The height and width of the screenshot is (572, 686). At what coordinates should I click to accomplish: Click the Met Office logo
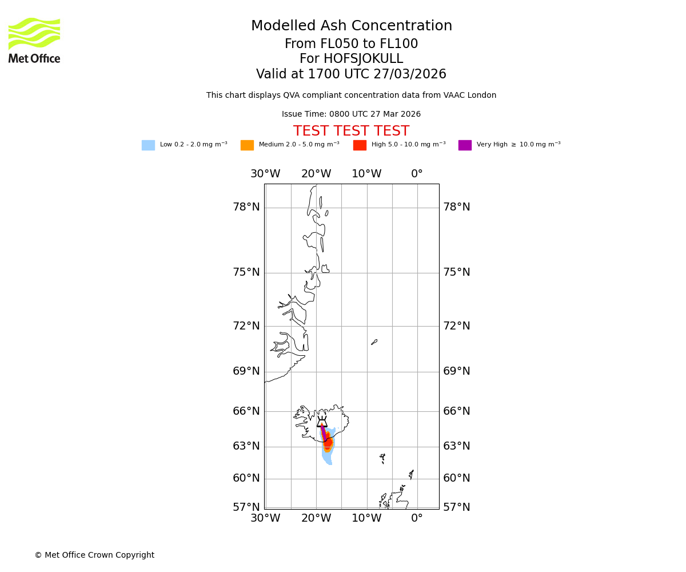[x=34, y=40]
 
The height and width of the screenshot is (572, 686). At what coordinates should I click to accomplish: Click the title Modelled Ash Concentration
[x=351, y=26]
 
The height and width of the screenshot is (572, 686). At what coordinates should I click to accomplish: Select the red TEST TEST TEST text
[x=351, y=131]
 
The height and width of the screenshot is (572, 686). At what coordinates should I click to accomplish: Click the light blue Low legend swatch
[x=148, y=145]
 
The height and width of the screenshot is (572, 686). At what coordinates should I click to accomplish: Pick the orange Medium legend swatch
[x=247, y=145]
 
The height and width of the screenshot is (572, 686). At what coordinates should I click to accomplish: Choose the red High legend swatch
[x=360, y=145]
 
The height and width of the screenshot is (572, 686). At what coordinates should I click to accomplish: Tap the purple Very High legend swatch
[x=465, y=145]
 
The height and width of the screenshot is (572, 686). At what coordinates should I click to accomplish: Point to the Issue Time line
[x=351, y=114]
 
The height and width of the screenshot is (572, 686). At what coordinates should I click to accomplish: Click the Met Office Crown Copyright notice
[x=94, y=555]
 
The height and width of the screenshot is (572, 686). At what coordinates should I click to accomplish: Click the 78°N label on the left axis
[x=246, y=207]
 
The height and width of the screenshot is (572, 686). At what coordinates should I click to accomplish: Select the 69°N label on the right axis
[x=457, y=371]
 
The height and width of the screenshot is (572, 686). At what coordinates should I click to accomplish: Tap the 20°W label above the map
[x=316, y=174]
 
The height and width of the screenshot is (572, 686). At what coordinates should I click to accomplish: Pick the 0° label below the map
[x=417, y=518]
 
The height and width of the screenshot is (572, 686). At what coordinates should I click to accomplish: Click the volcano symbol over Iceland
[x=322, y=423]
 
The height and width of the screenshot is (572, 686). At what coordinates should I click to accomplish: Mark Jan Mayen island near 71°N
[x=374, y=342]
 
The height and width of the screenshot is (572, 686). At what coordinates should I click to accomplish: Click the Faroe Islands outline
[x=382, y=458]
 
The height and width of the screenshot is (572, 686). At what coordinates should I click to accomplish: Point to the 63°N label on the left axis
[x=246, y=446]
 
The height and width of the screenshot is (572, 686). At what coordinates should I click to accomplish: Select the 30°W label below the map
[x=265, y=518]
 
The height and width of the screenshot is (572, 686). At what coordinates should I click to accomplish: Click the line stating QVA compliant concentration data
[x=351, y=96]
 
